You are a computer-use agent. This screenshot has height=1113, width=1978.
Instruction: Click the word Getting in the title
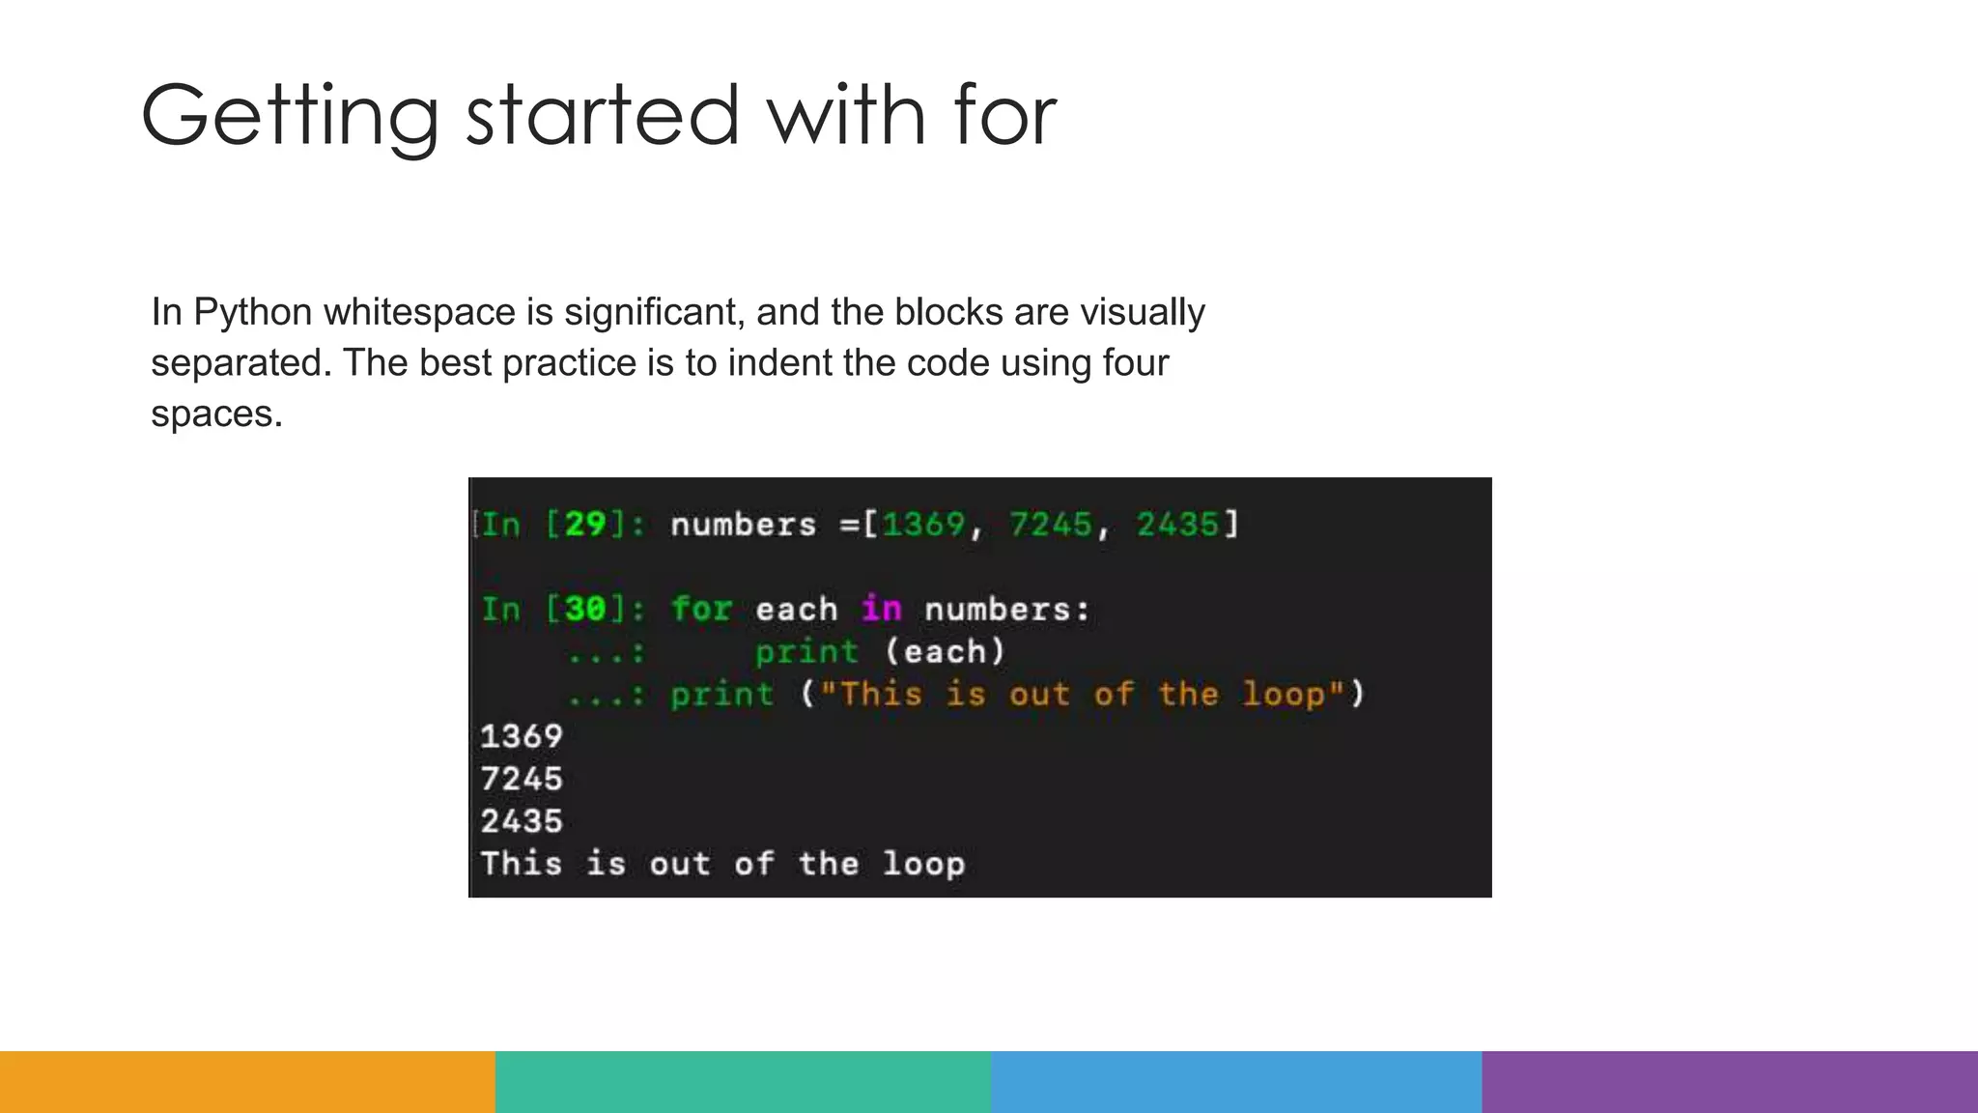pos(290,116)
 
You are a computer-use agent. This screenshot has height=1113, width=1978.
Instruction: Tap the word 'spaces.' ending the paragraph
pos(216,414)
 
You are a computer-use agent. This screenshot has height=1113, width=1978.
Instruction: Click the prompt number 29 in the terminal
pos(585,525)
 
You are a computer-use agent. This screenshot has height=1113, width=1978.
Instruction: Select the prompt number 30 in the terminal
pos(585,610)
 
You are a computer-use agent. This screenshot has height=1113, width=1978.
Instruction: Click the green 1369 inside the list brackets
pos(923,525)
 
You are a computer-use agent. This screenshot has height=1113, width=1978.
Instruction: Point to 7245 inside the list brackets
pos(1051,525)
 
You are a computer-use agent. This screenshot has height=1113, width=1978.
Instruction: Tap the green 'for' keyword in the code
pos(702,610)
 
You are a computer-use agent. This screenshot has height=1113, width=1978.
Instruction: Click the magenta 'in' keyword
pos(881,610)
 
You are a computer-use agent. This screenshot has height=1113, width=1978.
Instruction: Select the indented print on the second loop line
pos(806,652)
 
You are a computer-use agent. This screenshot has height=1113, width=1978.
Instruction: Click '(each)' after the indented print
pos(946,652)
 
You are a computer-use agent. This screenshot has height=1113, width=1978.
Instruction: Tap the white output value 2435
pos(522,821)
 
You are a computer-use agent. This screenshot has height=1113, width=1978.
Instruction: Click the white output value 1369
pos(522,736)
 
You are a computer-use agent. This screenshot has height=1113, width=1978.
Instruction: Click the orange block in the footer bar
pos(247,1082)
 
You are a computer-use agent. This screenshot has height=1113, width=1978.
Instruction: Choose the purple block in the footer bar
pos(1730,1082)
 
